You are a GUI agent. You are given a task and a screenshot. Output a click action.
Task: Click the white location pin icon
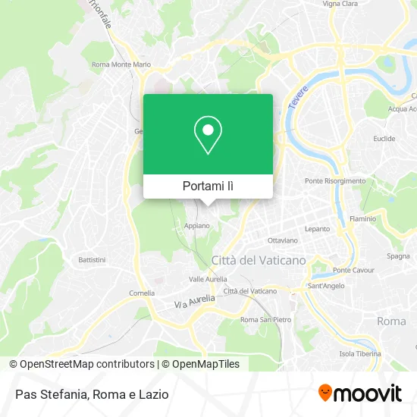pos(208,135)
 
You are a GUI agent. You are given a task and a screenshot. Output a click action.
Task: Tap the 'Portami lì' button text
pos(208,186)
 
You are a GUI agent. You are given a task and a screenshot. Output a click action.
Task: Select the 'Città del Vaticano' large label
pos(259,260)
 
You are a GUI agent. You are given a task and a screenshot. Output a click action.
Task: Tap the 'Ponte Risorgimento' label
pos(334,181)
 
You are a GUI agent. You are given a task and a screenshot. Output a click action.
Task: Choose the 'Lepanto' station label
pos(317,228)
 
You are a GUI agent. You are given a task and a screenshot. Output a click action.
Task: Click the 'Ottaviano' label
pos(283,240)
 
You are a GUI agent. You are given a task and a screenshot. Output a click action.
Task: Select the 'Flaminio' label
pos(363,219)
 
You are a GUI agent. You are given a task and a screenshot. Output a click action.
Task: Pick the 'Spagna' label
pos(398,256)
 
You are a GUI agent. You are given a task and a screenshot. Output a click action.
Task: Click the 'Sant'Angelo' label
pos(326,286)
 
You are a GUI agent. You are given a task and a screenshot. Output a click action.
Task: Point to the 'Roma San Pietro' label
pos(265,319)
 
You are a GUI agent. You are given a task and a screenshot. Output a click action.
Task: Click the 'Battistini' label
pos(92,259)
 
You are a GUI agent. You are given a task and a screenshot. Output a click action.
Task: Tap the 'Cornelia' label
pos(142,293)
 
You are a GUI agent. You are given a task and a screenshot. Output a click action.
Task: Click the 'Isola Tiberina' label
pos(358,354)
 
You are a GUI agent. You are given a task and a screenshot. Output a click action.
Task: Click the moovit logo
pos(360,393)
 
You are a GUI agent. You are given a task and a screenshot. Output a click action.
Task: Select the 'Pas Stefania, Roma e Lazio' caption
pos(90,394)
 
